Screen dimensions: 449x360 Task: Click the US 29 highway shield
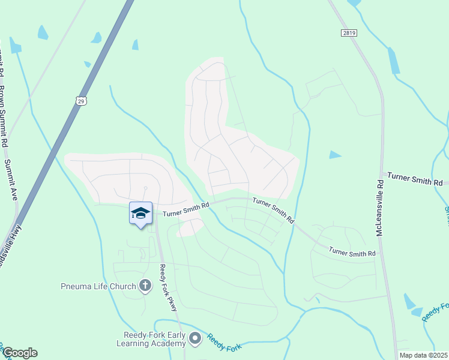(82, 100)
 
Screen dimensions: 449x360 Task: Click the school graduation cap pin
(140, 213)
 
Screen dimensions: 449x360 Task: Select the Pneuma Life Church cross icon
(145, 286)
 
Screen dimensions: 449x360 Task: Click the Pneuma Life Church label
(98, 286)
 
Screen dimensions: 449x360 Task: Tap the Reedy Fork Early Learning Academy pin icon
(194, 339)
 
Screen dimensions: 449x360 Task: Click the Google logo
(20, 353)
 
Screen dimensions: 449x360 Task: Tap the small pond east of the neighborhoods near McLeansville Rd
(334, 155)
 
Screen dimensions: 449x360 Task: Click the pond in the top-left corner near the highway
(43, 32)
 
